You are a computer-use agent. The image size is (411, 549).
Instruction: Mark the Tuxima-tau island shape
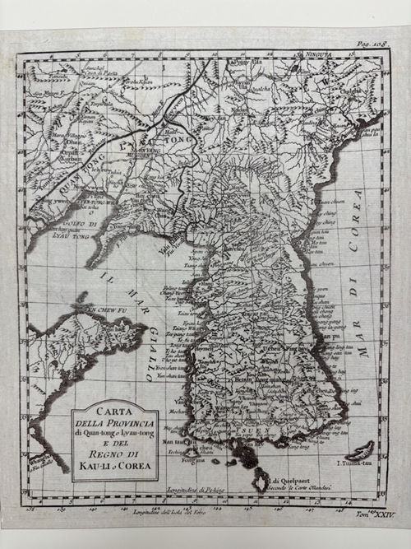pyautogui.click(x=360, y=450)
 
